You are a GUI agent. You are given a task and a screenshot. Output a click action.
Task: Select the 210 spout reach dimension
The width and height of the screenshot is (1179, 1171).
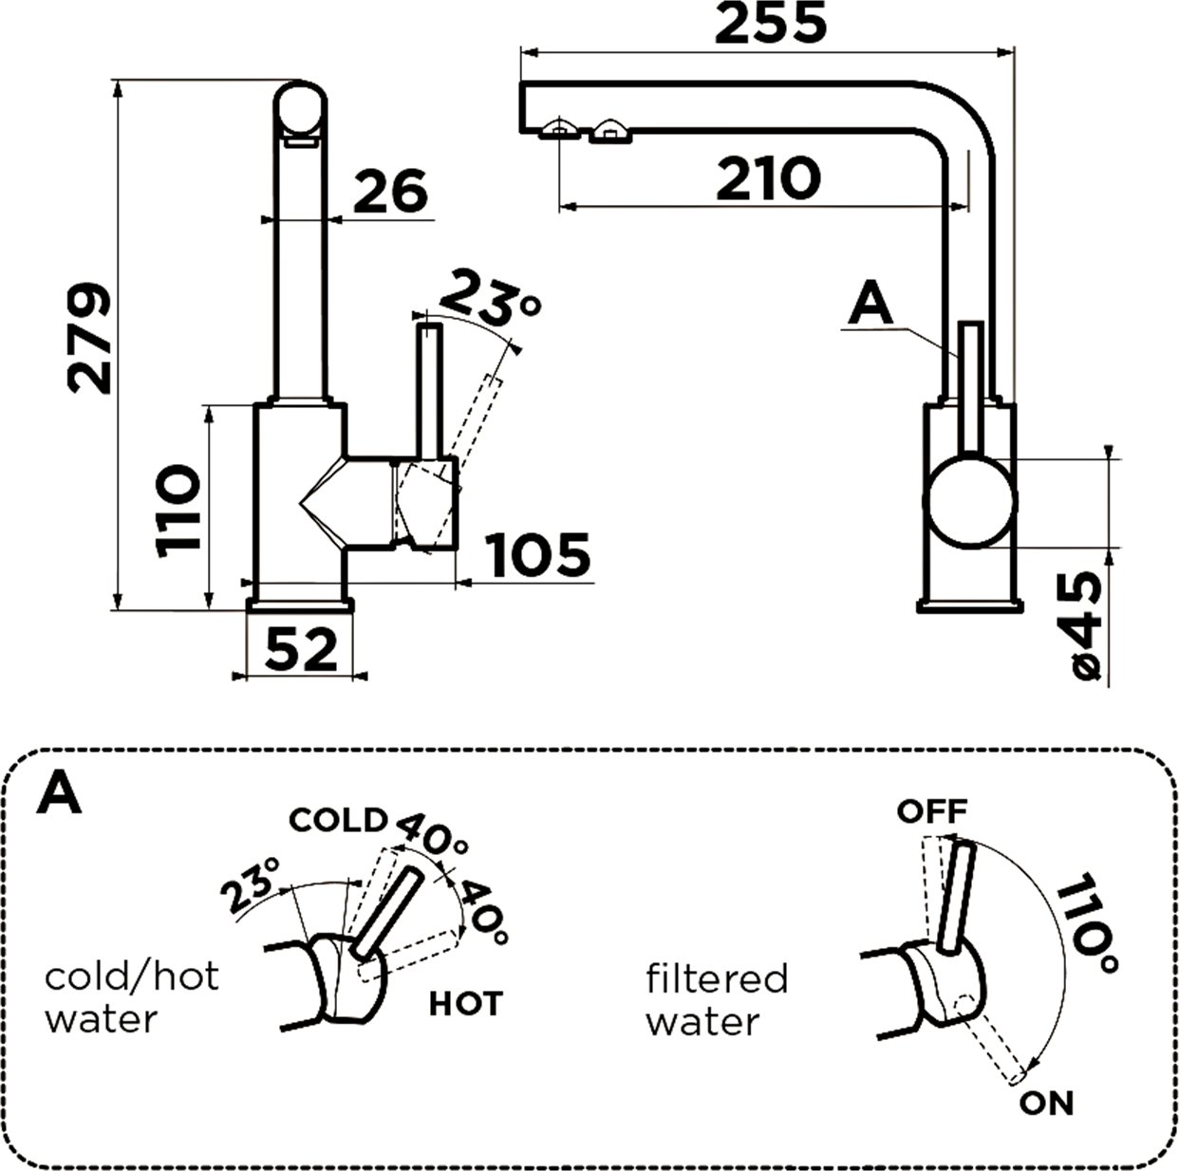[768, 179]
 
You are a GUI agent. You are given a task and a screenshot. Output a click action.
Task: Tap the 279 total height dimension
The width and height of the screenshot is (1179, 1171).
[91, 337]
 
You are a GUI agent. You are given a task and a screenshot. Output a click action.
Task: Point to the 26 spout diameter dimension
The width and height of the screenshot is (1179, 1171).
[390, 193]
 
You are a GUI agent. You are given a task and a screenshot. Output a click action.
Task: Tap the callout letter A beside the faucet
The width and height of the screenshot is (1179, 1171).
[872, 305]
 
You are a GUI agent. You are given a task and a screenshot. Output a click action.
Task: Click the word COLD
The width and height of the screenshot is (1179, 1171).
[338, 820]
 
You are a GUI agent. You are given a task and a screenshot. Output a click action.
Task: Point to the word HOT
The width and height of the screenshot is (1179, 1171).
[465, 1003]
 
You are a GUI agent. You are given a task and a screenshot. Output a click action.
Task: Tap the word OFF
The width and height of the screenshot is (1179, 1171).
[932, 811]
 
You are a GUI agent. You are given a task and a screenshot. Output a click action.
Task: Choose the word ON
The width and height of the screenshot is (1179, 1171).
[1047, 1104]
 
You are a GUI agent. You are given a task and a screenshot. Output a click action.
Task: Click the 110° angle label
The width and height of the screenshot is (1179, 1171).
[1086, 925]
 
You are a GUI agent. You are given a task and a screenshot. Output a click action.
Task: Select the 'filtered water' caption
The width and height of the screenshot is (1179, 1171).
[717, 1000]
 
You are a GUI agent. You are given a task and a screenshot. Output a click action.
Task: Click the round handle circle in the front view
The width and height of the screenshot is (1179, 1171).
[971, 501]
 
